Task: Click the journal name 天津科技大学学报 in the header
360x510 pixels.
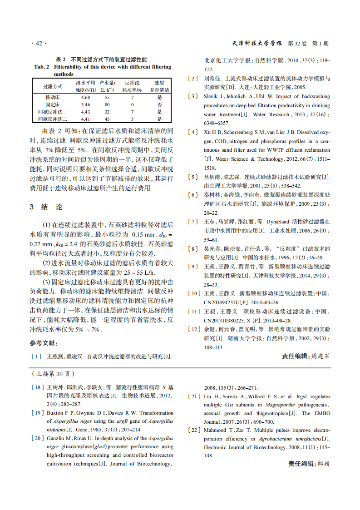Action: (258, 44)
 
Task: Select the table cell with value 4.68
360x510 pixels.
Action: (85, 98)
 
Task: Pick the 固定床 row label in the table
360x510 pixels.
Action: (53, 104)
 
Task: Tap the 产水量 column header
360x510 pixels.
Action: (108, 83)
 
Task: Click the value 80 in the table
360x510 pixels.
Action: (108, 104)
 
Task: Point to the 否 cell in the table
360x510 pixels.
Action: (159, 104)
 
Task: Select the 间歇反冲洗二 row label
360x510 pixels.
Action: (53, 119)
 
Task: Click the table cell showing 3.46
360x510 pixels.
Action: (85, 104)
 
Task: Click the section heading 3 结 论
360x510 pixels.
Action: (46, 207)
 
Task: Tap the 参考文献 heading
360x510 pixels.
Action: (44, 343)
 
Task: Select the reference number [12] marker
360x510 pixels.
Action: (194, 329)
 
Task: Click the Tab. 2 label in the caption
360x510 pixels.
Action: (41, 67)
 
